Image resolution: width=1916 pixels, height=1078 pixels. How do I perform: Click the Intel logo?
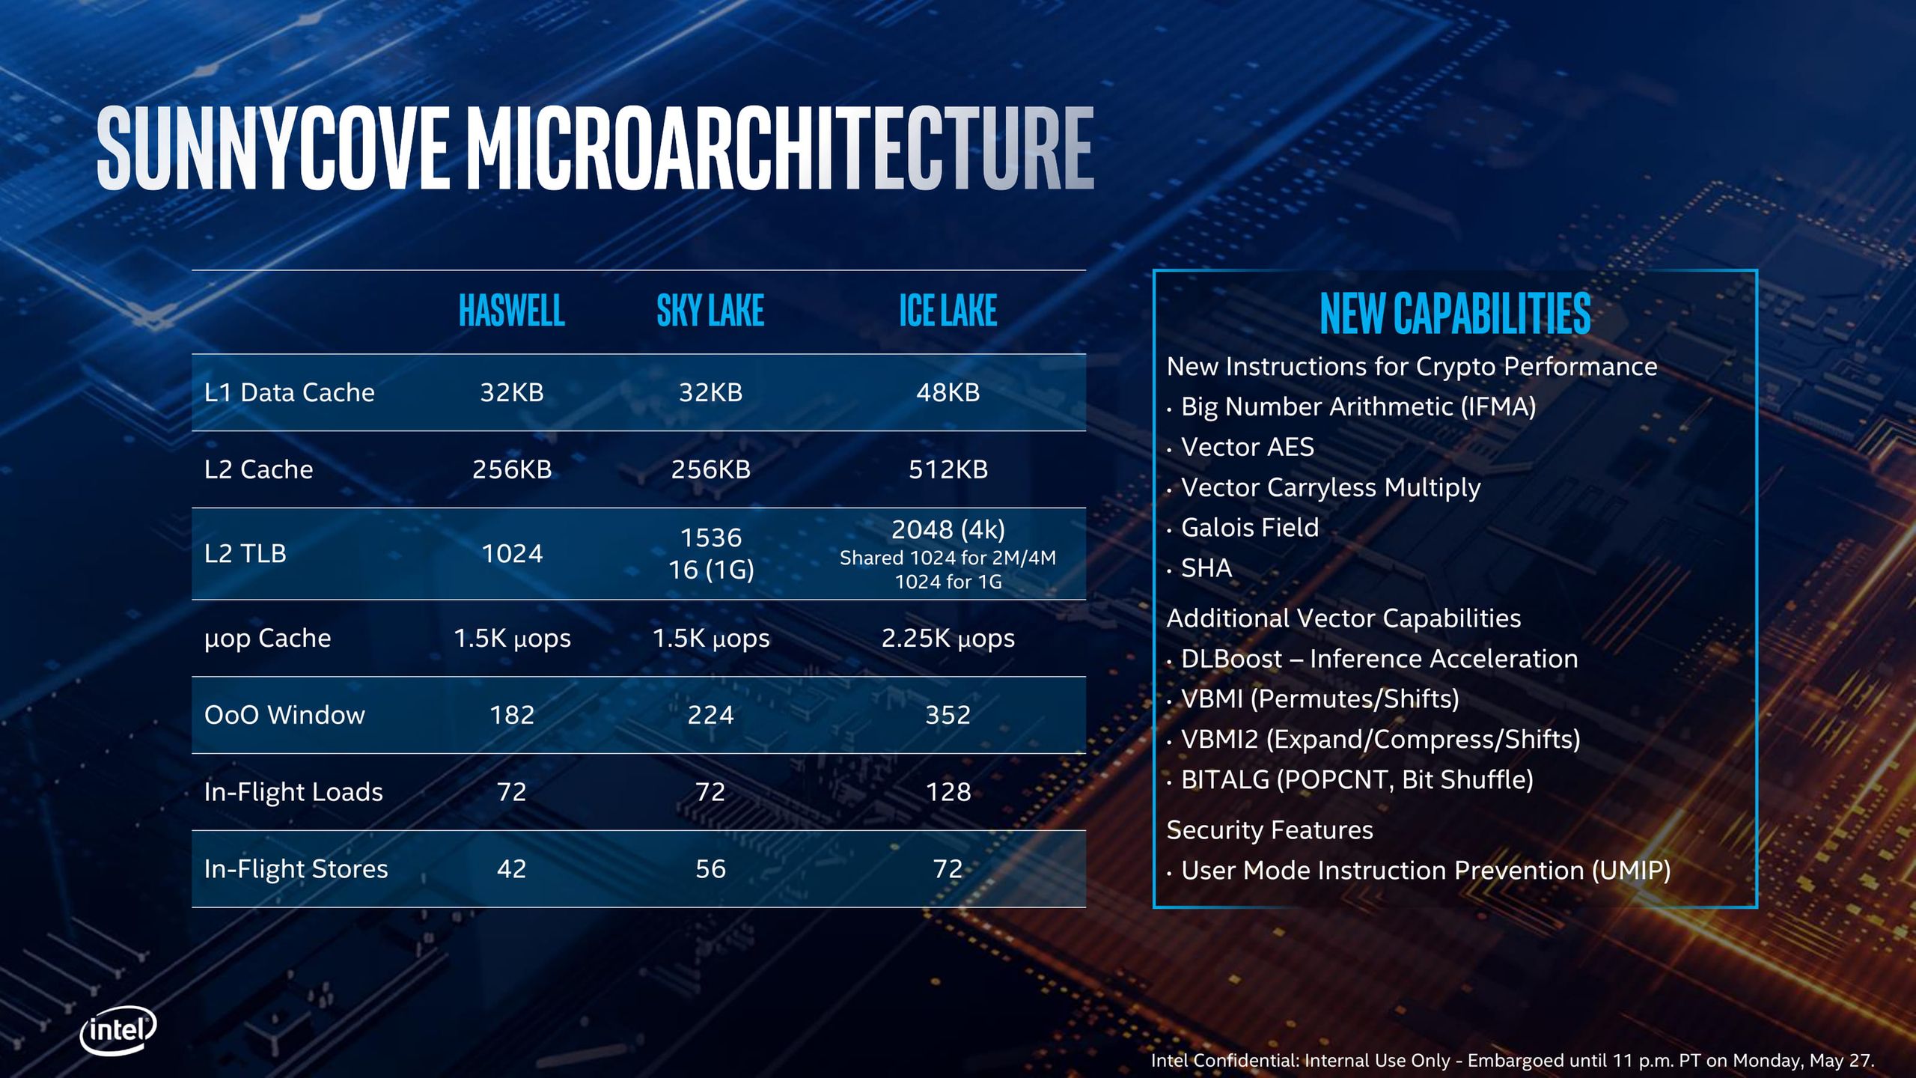[x=118, y=1031]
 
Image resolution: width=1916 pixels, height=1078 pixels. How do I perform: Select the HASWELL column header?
[x=512, y=311]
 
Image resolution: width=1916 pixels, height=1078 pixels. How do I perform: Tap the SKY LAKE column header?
[x=710, y=311]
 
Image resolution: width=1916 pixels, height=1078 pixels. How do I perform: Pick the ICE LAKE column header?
[x=948, y=311]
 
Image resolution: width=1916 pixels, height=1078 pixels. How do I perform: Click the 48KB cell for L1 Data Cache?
[x=948, y=392]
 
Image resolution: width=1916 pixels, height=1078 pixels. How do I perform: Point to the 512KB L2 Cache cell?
[x=948, y=469]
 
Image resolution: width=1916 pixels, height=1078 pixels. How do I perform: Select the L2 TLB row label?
[x=245, y=553]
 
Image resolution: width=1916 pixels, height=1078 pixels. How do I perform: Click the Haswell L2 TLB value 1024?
[x=512, y=553]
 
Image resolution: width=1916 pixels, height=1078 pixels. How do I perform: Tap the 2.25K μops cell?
[x=948, y=638]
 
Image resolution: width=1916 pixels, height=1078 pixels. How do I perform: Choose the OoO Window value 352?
[x=948, y=715]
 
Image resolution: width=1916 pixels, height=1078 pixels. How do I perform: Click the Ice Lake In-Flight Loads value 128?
[x=948, y=792]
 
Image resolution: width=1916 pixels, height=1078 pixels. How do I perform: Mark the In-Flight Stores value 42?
[x=512, y=868]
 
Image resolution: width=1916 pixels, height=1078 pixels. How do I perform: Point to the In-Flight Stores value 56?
[x=710, y=868]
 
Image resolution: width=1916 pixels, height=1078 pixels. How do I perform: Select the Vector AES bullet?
[x=1247, y=447]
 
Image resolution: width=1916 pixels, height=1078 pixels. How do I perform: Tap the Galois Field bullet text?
[x=1249, y=528]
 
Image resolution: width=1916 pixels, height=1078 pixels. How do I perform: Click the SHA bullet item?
[x=1206, y=568]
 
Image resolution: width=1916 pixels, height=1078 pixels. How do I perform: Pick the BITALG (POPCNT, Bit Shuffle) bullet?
[x=1356, y=779]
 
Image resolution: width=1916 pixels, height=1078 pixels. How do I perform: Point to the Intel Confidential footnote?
[x=1512, y=1060]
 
